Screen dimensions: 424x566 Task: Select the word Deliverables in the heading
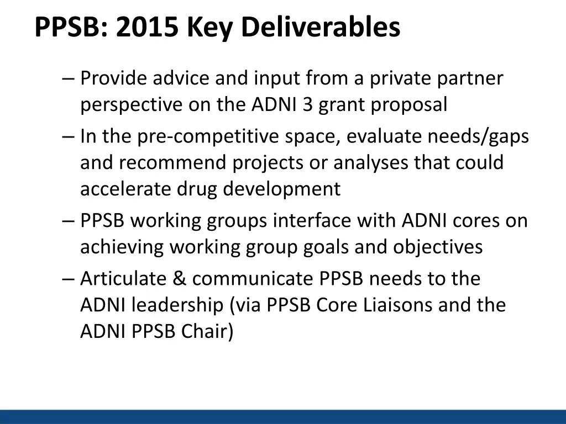321,27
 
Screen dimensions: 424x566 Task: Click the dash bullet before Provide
69,79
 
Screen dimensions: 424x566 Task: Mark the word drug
197,189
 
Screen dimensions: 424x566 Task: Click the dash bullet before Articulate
69,279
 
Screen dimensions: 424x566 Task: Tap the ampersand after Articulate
179,279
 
